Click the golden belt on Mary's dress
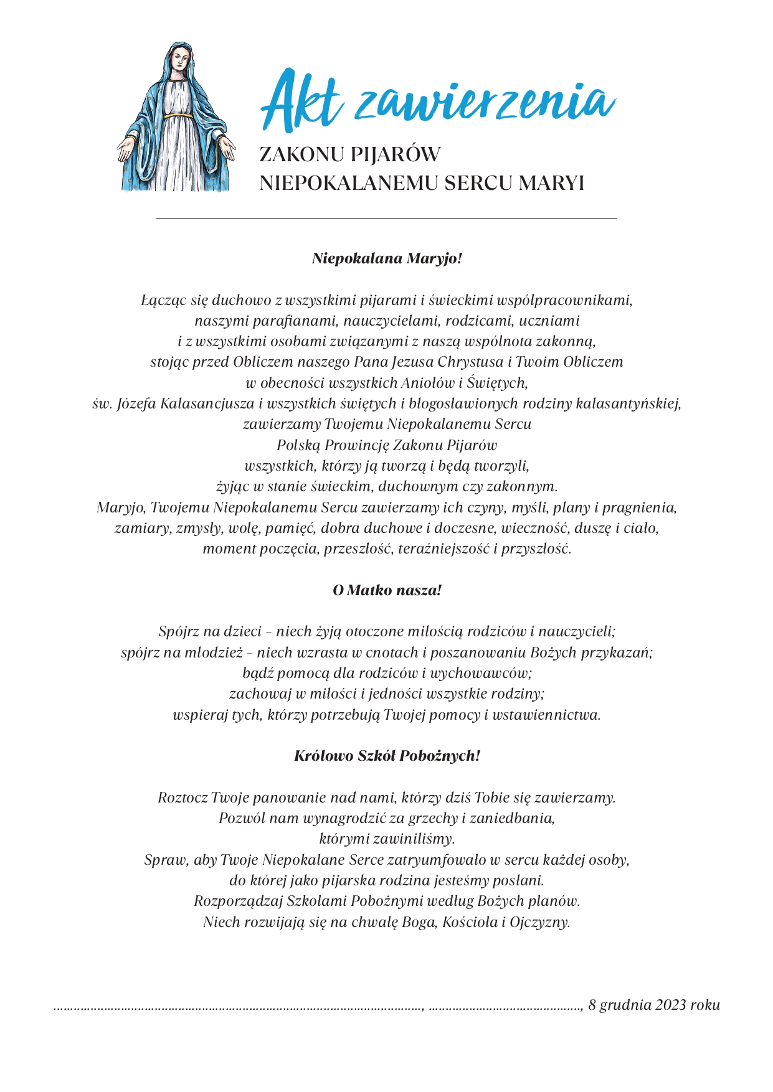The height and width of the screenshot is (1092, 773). [179, 115]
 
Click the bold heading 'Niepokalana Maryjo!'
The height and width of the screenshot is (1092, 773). [387, 258]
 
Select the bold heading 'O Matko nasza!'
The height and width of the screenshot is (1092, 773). [387, 590]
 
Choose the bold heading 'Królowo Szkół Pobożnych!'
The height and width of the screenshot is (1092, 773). [387, 756]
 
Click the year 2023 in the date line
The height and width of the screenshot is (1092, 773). [670, 1004]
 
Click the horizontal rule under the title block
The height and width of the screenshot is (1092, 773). [386, 219]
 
